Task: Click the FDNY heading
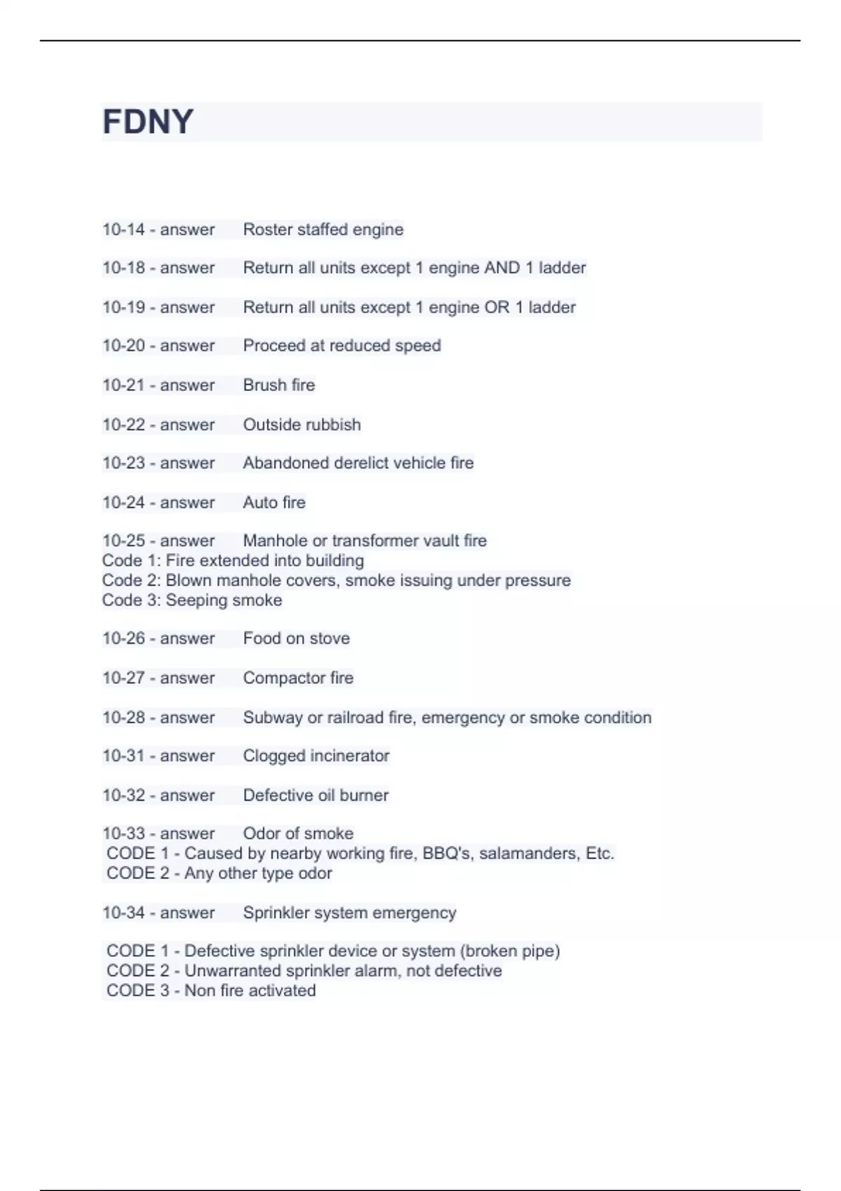point(148,122)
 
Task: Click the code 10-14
point(123,230)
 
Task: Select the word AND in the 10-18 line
point(502,268)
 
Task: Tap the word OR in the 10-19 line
point(496,308)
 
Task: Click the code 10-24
point(123,503)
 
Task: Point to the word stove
point(329,639)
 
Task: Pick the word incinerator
point(350,756)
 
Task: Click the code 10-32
point(123,796)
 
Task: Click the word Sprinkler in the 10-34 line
point(275,913)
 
